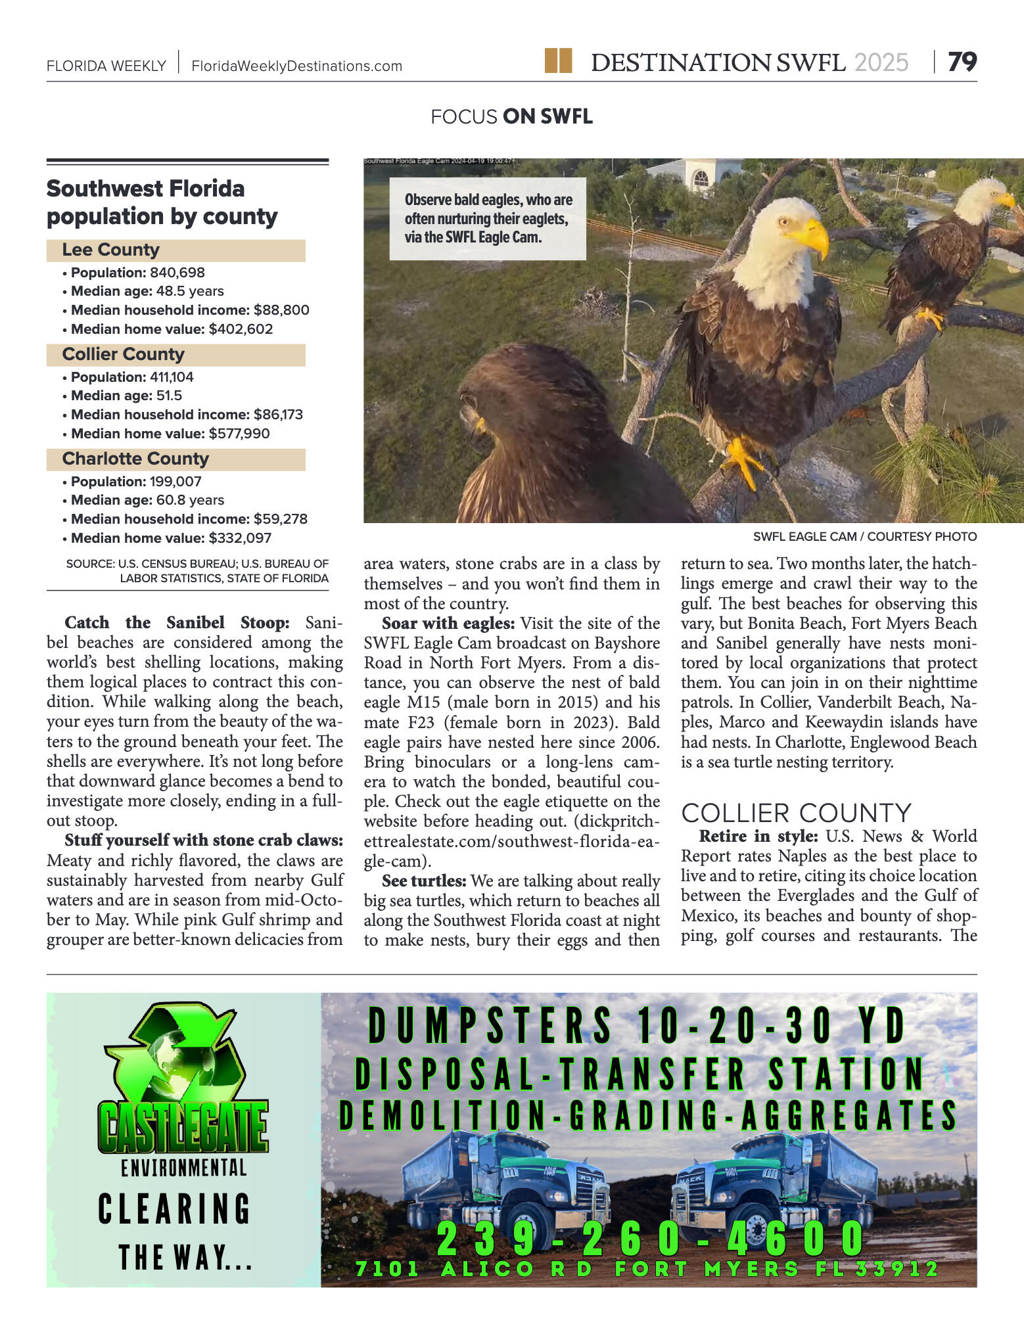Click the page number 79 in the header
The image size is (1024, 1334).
pos(962,62)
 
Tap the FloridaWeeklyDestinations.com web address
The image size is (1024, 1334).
pos(296,66)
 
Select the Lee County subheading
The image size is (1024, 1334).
pos(110,250)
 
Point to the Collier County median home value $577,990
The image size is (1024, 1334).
pos(239,434)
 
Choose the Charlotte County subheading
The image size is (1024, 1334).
pos(135,459)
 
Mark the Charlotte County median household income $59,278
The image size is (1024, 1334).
pos(281,519)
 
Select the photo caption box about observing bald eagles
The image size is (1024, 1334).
pos(488,219)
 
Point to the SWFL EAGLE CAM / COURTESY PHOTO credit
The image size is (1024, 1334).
pos(864,537)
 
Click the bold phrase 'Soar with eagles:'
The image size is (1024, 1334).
pos(448,624)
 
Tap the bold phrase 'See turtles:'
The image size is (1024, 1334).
pos(424,881)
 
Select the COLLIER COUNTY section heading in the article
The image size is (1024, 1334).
pos(796,814)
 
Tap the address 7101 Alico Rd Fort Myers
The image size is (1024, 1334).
pos(647,1269)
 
